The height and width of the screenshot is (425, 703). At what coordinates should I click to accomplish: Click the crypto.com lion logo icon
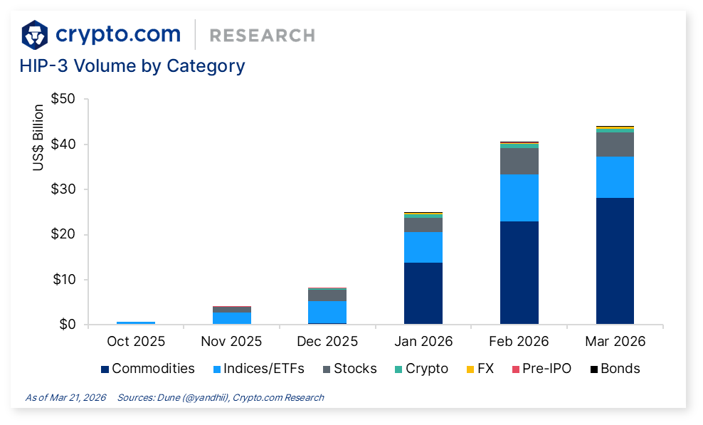click(35, 34)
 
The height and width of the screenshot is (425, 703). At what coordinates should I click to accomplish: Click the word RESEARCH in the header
click(263, 36)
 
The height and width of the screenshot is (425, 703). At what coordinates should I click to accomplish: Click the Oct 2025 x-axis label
click(135, 342)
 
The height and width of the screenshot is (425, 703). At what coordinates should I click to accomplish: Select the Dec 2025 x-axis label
click(327, 342)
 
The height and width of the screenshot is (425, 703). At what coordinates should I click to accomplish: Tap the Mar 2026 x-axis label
click(615, 342)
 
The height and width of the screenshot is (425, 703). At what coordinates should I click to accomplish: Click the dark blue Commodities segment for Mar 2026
click(615, 261)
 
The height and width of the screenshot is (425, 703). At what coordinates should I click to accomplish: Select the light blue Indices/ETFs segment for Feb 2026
click(519, 198)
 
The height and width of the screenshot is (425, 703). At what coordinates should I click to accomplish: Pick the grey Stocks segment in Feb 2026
click(519, 161)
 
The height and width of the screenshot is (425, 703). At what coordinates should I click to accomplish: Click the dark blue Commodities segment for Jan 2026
click(423, 293)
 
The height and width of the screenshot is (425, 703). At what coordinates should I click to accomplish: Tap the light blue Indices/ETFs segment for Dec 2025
click(327, 312)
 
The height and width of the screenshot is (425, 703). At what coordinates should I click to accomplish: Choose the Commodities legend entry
click(148, 369)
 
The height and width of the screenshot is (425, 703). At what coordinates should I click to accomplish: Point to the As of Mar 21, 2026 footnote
click(65, 398)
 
